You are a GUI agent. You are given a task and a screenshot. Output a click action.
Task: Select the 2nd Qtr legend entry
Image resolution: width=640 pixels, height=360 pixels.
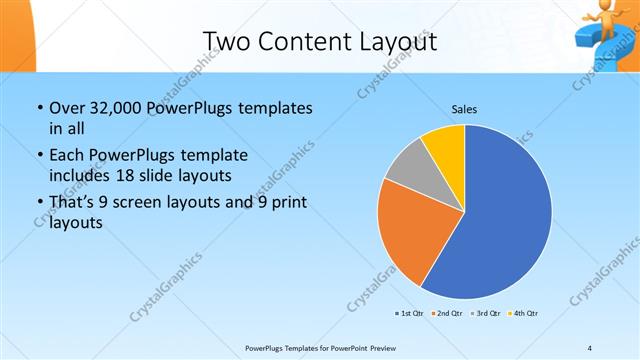coord(446,313)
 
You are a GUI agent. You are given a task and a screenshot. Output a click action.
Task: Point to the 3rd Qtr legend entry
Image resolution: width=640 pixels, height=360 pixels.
coord(485,313)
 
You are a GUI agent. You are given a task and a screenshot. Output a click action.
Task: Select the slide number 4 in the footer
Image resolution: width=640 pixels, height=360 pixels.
coord(590,347)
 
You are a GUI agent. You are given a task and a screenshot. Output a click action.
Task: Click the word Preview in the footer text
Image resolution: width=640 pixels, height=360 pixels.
coord(379,347)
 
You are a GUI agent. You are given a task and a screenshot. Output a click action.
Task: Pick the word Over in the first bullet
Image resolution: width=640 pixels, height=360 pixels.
coord(68,107)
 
